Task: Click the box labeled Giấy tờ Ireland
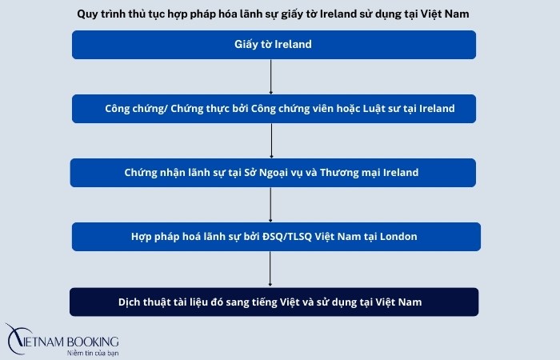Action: point(274,45)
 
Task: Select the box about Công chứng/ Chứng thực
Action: point(274,109)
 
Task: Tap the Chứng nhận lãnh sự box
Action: point(272,173)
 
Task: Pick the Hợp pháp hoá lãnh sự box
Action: point(274,237)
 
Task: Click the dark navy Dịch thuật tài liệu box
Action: point(274,302)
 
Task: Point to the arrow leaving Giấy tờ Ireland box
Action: point(272,77)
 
